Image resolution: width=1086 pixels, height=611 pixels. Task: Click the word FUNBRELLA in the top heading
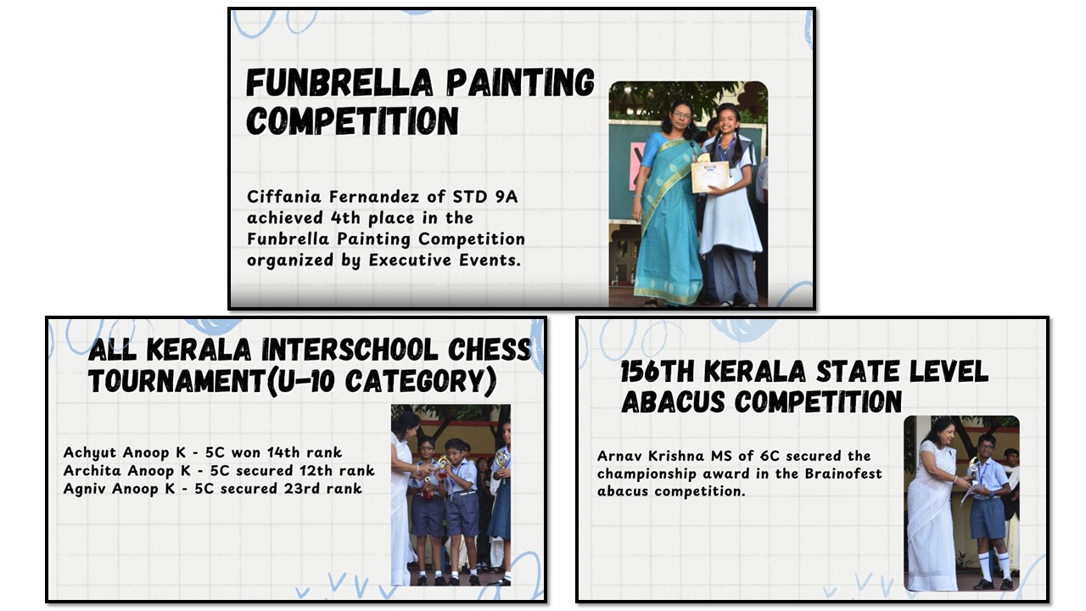point(339,83)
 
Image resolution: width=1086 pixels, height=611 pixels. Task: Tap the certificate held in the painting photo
point(710,177)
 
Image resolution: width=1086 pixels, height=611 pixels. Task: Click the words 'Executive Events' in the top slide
point(445,261)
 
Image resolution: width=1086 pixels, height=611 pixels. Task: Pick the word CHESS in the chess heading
point(490,350)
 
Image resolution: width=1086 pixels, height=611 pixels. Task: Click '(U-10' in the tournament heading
point(300,381)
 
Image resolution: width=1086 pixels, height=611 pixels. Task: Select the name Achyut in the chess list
point(90,452)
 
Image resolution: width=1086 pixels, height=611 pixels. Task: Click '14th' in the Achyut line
point(283,452)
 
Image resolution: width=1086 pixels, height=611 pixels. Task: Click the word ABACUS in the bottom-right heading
point(675,402)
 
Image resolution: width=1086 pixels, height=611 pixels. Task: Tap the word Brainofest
point(843,474)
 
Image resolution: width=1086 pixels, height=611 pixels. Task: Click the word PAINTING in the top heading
point(521,83)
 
